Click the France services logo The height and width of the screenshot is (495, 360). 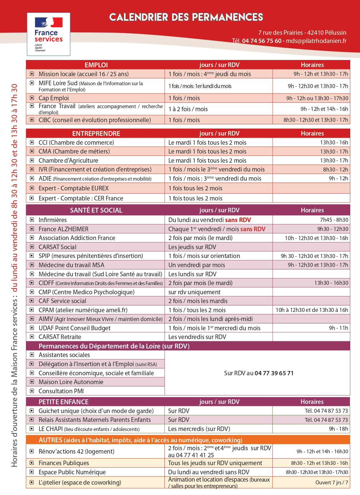point(48,34)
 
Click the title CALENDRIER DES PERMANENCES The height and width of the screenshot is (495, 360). point(186,17)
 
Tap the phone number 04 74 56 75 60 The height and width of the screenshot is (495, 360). point(262,41)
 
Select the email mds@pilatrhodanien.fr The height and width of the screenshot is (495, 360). point(316,41)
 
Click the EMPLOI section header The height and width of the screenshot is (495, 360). point(96,65)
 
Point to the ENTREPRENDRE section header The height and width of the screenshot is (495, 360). point(96,133)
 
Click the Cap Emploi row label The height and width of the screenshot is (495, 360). point(54,98)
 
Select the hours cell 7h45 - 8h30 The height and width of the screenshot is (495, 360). point(334,220)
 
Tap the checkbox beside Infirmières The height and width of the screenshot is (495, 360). point(32,220)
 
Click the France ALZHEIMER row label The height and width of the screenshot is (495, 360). point(63,229)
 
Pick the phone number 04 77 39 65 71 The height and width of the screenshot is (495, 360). point(274,373)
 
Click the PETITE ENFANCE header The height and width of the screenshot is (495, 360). point(63,402)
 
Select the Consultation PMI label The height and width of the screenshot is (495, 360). point(61,391)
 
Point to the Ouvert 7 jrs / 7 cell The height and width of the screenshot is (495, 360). point(332,483)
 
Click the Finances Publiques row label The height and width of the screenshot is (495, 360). point(64,463)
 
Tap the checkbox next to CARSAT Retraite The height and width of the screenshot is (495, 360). point(32,337)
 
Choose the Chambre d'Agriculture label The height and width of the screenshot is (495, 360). point(68,161)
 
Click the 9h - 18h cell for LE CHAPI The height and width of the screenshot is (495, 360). point(338,429)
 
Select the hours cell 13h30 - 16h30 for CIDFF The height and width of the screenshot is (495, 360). point(331,283)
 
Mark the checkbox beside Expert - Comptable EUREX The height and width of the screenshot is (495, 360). point(32,188)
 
